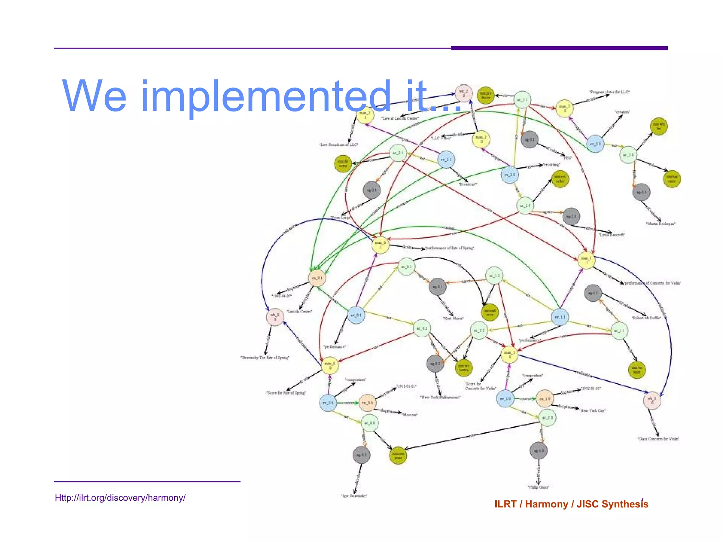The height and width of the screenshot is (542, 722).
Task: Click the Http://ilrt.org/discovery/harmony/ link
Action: (120, 498)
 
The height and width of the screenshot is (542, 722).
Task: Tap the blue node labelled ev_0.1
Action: (356, 315)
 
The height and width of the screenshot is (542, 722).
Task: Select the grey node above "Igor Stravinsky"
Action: (361, 455)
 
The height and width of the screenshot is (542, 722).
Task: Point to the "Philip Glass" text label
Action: (538, 487)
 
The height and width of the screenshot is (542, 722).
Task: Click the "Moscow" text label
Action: (410, 415)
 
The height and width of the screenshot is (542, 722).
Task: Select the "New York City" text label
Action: (593, 411)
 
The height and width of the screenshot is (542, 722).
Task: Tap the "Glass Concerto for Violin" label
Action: (658, 439)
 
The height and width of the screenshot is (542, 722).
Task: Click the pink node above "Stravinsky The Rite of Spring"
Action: (275, 317)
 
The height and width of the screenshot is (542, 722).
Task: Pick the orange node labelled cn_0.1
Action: (317, 278)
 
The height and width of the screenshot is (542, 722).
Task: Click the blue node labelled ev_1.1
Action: (560, 317)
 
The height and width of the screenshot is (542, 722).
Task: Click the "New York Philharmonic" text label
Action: (440, 397)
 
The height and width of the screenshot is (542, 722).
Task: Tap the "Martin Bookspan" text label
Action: (660, 224)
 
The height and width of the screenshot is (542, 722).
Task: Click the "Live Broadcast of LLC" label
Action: (338, 145)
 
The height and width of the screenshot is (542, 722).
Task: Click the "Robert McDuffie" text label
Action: (646, 318)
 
